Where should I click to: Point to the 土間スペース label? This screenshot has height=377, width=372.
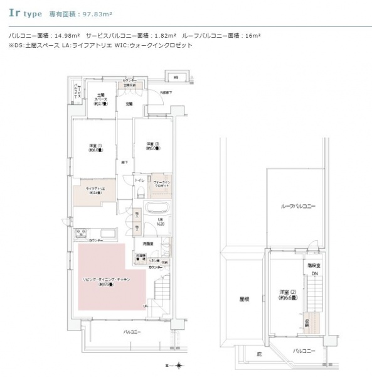[100, 100]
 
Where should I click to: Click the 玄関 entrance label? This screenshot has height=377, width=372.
[129, 104]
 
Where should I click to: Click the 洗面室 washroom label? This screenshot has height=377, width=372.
[148, 243]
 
